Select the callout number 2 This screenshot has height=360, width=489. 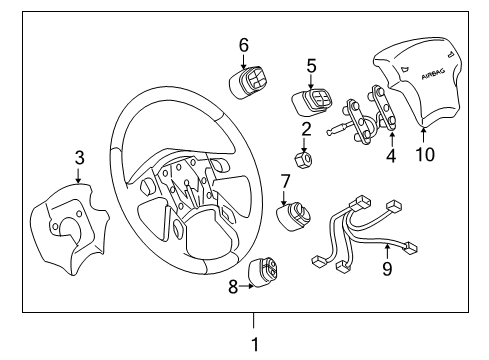point(306,127)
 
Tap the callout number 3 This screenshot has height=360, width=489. point(80,158)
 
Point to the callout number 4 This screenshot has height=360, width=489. point(391,156)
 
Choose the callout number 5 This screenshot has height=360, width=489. point(311,66)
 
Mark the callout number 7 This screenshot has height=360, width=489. point(285,181)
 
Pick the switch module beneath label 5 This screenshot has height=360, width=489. point(310,101)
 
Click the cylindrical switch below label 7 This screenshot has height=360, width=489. point(295,217)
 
